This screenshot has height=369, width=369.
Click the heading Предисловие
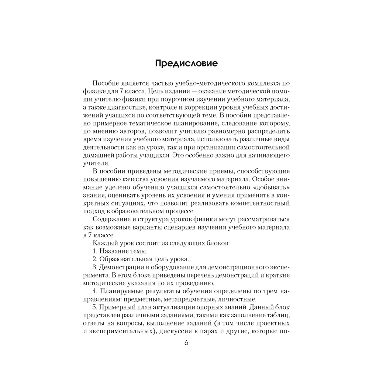(186, 63)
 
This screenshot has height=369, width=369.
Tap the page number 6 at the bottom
(186, 342)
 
